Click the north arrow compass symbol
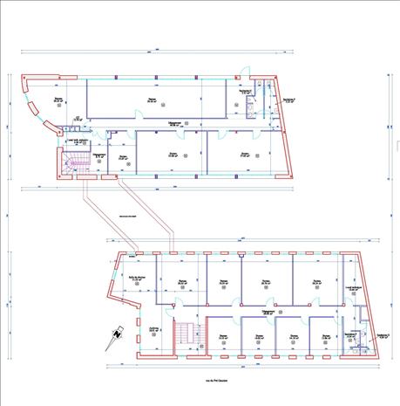pos(116,334)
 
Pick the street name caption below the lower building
pos(217,381)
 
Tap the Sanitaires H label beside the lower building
pos(382,335)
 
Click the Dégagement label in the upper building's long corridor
pos(175,123)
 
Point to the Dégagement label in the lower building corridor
pos(269,308)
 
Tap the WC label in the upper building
pos(77,117)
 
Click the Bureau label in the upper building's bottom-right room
pos(245,155)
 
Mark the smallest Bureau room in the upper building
pos(123,158)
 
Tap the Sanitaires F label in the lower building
pos(351,334)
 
